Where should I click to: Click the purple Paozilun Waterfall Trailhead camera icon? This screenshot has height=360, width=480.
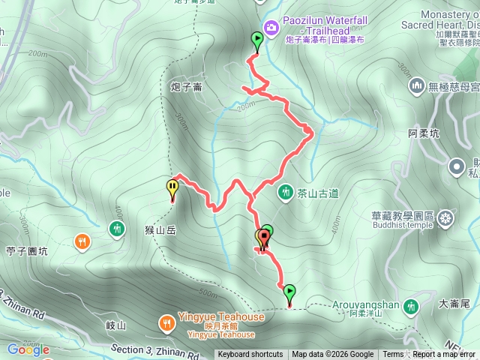pos(271,28)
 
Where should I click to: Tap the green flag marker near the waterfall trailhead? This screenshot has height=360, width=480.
pos(257,41)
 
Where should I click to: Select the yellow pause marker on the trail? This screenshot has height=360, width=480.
pos(173,188)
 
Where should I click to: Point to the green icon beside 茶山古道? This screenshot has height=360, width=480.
pos(285,193)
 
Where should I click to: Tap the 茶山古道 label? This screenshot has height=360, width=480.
pos(313,193)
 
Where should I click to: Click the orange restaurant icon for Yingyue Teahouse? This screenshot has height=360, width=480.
pos(166,323)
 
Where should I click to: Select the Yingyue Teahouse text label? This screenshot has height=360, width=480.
pos(221,317)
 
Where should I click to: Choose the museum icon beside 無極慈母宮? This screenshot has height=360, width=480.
pos(417,87)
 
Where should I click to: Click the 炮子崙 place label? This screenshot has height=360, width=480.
pos(186,88)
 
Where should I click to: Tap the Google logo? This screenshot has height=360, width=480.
pos(28,349)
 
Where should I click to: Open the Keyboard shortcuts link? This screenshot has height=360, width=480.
pos(250,355)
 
